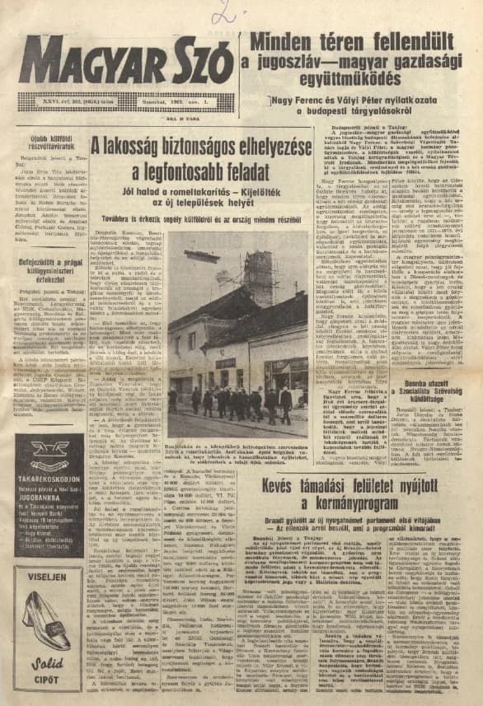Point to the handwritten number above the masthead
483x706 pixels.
pyautogui.click(x=223, y=12)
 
